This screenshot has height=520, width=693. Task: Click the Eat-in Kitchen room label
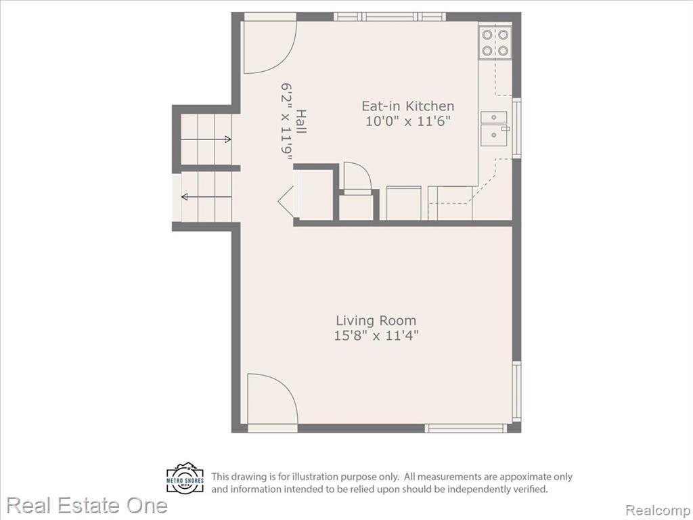[x=408, y=106]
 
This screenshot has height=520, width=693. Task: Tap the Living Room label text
[x=376, y=320]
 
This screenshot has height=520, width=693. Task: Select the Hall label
[x=301, y=122]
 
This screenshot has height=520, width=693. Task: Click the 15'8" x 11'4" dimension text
[x=376, y=335]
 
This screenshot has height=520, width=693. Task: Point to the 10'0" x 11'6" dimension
[x=408, y=121]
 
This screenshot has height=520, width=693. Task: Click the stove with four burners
[x=495, y=43]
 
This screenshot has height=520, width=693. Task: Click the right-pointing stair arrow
[x=206, y=139]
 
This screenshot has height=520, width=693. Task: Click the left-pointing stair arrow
[x=206, y=197]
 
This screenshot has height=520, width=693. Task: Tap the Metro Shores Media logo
[x=185, y=478]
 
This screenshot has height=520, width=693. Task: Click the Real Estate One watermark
[x=87, y=505]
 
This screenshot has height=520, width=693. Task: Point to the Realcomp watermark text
[x=658, y=510]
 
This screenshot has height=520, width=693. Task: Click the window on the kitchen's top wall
[x=389, y=17]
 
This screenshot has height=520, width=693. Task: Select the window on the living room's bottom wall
[x=466, y=428]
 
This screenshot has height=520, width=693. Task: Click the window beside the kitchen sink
[x=516, y=128]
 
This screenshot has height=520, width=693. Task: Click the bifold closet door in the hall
[x=287, y=200]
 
